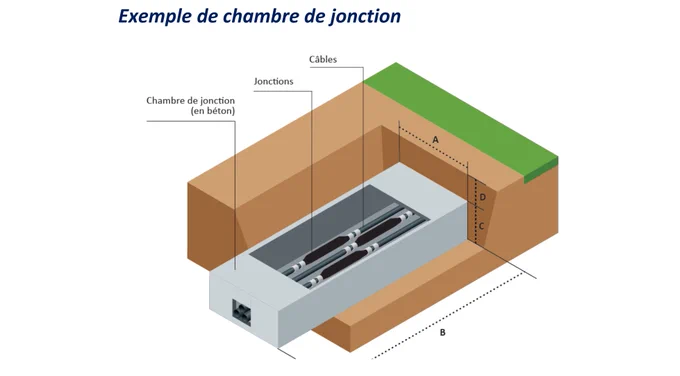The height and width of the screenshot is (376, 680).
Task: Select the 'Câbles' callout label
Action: (323, 59)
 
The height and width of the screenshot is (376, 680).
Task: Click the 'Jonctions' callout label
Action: (274, 82)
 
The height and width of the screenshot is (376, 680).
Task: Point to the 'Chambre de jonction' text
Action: (190, 101)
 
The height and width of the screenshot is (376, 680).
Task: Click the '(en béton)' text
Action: (213, 111)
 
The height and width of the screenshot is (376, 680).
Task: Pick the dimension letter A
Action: (436, 140)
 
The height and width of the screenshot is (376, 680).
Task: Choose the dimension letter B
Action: (442, 333)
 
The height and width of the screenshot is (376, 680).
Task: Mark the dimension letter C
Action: (481, 226)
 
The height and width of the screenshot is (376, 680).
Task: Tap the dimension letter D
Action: (483, 197)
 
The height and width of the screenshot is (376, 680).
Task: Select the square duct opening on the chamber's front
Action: (242, 312)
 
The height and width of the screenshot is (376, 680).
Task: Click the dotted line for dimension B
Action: (447, 317)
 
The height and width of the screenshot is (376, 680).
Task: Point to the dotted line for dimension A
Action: (433, 146)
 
